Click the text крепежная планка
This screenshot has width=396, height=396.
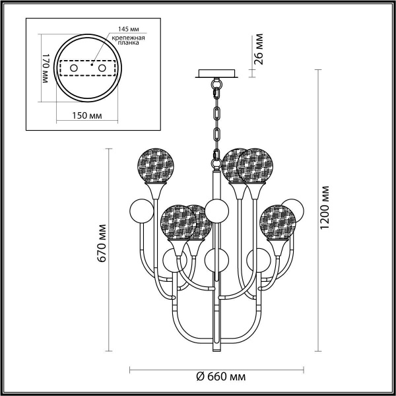point(127,43)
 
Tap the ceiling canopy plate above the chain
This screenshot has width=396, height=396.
point(215,74)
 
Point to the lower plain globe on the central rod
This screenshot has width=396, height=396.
point(215,259)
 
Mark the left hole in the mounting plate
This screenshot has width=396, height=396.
point(74,69)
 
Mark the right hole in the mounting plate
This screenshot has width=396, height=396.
point(101,69)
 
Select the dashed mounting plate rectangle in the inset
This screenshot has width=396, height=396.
point(87,69)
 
